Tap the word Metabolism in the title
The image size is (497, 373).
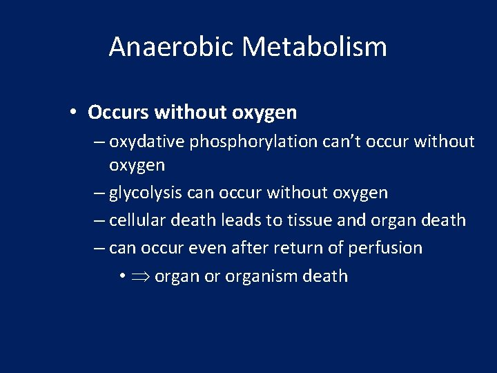[x=315, y=47]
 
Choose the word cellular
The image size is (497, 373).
[x=135, y=220]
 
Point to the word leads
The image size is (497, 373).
[x=243, y=220]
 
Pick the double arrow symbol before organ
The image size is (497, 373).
[x=140, y=276]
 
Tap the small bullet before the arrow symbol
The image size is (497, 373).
[x=121, y=276]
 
